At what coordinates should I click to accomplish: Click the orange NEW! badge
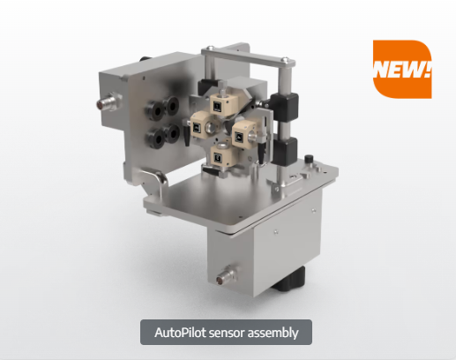point(402,69)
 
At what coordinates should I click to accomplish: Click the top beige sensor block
point(221,103)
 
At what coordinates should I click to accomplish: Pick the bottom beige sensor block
point(221,155)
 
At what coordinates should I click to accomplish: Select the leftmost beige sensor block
point(200,126)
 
